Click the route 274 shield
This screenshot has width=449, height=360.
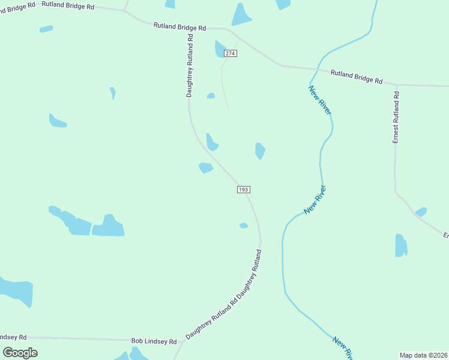tap(231, 53)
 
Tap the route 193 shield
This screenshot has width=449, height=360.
tap(243, 190)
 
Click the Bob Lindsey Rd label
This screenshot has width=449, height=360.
tap(154, 341)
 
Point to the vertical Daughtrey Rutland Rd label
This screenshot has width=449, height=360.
tap(190, 65)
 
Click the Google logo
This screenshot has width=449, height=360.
tap(20, 353)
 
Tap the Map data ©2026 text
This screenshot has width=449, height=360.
tap(424, 355)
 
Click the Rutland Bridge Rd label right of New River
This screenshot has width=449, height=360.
tap(356, 76)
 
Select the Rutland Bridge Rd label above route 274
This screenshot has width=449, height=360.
tap(179, 27)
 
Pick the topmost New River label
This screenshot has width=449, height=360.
tap(320, 100)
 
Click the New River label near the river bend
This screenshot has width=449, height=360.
tap(315, 200)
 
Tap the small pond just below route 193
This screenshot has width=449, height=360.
tap(243, 226)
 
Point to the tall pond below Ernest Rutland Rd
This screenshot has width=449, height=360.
tap(401, 245)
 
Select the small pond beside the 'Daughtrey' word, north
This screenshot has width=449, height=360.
tap(211, 95)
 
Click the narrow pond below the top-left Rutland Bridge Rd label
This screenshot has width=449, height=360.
tap(46, 29)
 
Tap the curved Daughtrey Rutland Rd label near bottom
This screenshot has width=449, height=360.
tap(224, 301)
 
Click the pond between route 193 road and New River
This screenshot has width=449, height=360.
tap(260, 150)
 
